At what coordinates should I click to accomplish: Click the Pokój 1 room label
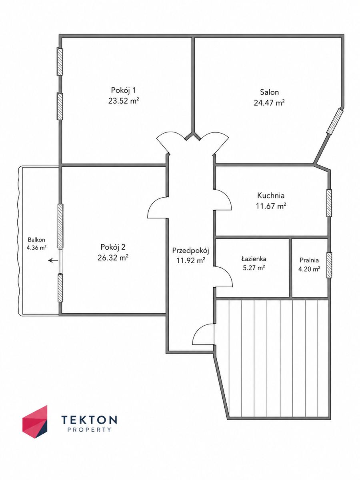coord(124,90)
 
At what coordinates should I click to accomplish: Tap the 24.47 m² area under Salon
coord(269,102)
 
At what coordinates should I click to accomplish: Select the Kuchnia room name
coord(271,195)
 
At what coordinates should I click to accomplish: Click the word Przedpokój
coord(191,250)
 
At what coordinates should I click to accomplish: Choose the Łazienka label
coord(254,259)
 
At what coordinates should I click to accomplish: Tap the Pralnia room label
coord(309,260)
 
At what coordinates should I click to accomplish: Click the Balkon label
coord(36,239)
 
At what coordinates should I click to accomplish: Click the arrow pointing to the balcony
coord(53,260)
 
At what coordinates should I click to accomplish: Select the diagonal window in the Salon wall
coord(335,121)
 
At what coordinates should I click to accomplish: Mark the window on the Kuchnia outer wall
coord(329,203)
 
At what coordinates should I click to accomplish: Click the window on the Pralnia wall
coord(329,265)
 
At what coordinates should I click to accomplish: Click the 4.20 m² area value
coord(309,269)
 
